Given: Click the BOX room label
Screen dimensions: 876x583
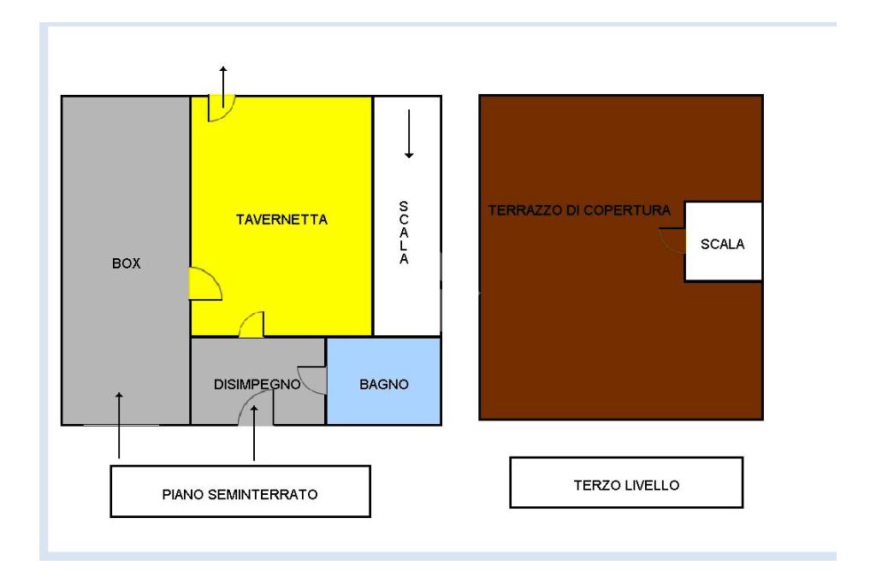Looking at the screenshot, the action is pos(126,264).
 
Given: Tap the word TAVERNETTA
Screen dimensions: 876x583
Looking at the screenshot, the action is pos(281,220).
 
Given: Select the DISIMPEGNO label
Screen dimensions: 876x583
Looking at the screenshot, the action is pos(256,385).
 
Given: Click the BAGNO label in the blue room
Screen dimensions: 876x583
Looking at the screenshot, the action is pos(384,385).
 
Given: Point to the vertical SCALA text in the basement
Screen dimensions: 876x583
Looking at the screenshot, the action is pos(405,233).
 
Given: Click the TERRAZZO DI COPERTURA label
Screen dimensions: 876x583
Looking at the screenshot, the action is pos(578,209).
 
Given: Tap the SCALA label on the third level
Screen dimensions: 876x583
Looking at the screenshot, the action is pos(723,244).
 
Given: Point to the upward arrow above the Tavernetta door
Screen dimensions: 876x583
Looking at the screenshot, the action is pos(224,81).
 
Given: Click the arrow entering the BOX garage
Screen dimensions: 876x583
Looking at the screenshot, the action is pos(119,423).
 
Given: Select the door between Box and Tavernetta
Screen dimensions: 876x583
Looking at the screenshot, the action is pos(204,284).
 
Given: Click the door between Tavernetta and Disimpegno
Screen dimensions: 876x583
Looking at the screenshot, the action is pos(252,326).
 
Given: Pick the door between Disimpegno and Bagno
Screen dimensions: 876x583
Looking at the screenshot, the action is pos(314,380).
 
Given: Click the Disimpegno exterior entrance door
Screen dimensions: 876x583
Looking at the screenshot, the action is pos(255,411).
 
